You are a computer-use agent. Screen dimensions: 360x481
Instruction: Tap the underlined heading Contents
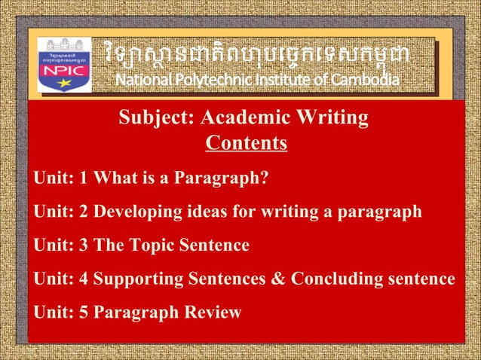click(x=247, y=142)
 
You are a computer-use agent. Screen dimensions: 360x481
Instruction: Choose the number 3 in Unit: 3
click(x=85, y=246)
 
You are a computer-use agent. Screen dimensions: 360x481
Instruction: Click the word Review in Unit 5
click(x=212, y=312)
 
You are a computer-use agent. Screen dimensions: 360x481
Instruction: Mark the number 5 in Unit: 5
click(x=85, y=312)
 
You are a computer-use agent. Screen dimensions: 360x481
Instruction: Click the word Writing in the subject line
click(x=332, y=118)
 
